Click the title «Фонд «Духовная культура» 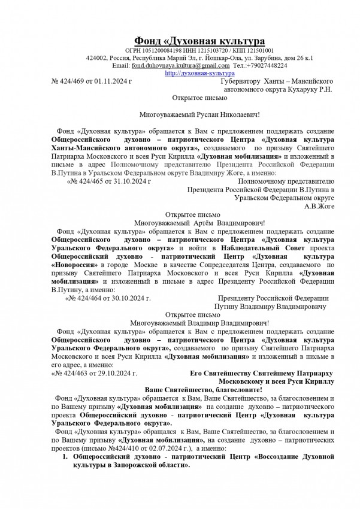pyautogui.click(x=198, y=41)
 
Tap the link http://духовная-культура pyautogui.click(x=191, y=72)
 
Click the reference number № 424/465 pyautogui.click(x=90, y=180)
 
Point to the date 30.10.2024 pyautogui.click(x=130, y=298)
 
